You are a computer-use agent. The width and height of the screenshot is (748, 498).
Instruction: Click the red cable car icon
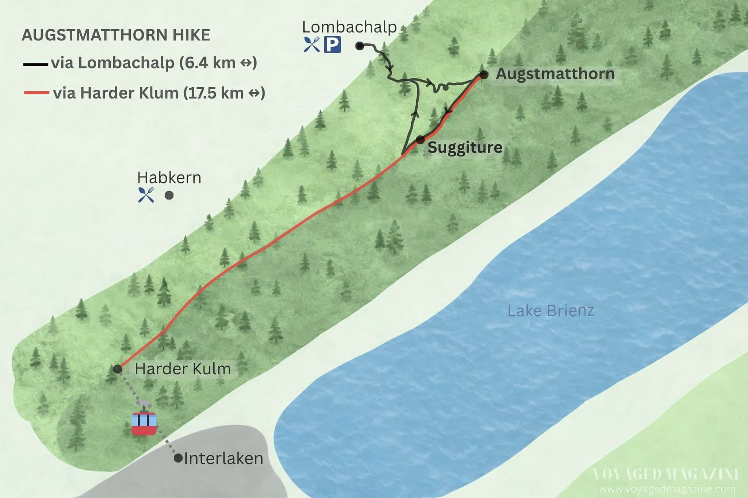[x=144, y=423]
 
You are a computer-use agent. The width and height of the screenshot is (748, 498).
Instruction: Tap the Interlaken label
[x=224, y=458]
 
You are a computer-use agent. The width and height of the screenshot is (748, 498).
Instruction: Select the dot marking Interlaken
[x=178, y=458]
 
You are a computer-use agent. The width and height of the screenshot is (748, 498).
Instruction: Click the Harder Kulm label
[x=183, y=369]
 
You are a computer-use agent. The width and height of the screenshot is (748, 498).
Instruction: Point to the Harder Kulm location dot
[x=118, y=369]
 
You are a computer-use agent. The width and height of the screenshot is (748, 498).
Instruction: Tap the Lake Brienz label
[x=551, y=311]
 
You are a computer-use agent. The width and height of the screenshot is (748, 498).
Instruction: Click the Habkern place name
[x=169, y=178]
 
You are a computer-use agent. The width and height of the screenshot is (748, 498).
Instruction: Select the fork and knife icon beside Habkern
[x=146, y=195]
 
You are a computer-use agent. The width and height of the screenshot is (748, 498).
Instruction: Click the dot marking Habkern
[x=169, y=196]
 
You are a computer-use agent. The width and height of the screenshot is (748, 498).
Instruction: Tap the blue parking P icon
[x=332, y=45]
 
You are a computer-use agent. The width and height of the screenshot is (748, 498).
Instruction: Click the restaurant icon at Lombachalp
[x=312, y=45]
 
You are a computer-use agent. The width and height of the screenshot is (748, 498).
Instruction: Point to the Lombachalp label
[x=350, y=27]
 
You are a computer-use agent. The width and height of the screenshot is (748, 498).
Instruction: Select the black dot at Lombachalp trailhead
[x=360, y=46]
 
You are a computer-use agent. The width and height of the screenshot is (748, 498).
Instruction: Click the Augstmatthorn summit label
[x=555, y=74]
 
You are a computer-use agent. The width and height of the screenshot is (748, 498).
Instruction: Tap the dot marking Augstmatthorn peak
[x=484, y=75]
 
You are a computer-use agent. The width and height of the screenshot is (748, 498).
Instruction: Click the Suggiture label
[x=465, y=147]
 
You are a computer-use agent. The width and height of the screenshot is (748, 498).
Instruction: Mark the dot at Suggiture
[x=420, y=139]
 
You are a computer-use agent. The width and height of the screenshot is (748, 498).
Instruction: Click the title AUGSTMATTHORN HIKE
[x=116, y=35]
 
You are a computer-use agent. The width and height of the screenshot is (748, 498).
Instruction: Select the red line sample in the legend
[x=36, y=93]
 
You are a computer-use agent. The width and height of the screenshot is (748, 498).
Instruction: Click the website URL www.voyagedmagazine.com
[x=667, y=489]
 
